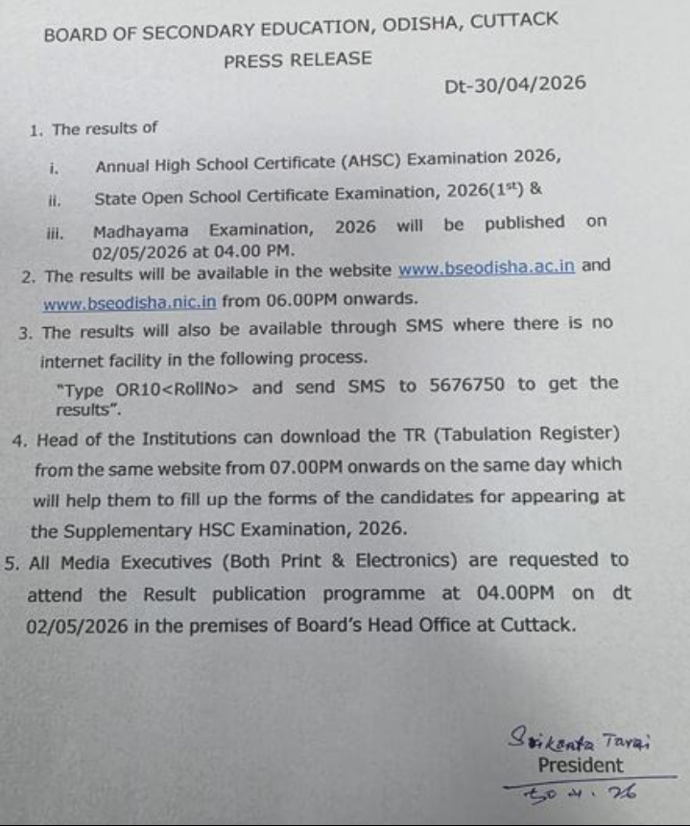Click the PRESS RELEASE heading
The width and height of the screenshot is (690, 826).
pos(297,59)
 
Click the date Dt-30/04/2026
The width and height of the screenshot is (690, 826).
pos(515,84)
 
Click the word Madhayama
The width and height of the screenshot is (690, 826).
pos(142,230)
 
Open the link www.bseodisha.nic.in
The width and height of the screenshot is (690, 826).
pos(130,300)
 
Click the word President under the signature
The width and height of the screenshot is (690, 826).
pos(580,766)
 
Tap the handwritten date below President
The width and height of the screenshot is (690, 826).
pos(581,792)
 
